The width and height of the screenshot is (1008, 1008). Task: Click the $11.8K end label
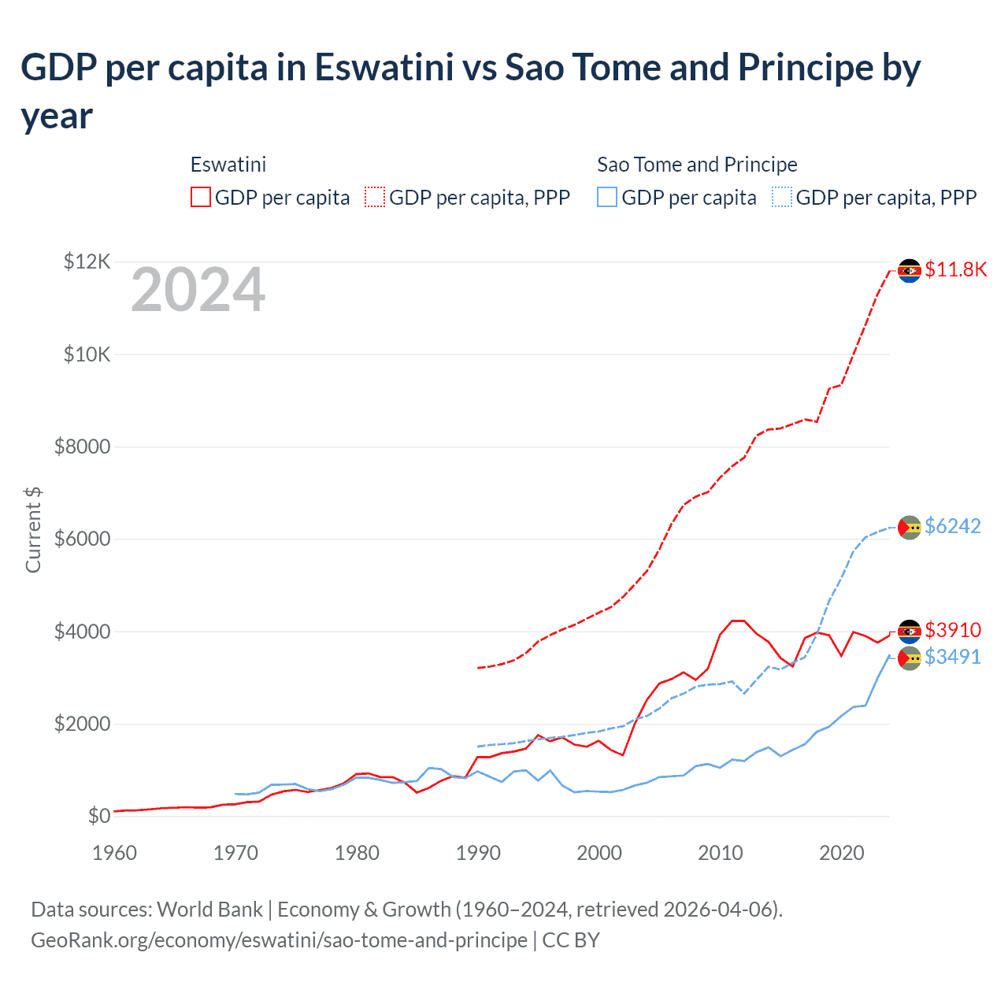955,270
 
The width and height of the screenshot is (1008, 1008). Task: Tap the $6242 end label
952,526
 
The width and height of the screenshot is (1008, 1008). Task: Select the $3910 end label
952,630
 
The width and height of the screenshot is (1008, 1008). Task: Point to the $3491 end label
952,657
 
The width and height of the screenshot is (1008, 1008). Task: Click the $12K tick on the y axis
87,261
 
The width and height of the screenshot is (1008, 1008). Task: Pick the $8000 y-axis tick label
82,447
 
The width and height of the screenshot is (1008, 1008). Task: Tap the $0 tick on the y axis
98,816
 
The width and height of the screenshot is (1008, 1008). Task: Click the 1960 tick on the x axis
114,853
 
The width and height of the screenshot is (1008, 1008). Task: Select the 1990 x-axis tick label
478,853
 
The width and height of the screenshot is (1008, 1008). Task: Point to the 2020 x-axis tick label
841,853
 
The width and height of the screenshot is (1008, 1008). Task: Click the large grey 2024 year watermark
198,291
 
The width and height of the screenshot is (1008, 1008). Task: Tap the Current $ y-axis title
33,530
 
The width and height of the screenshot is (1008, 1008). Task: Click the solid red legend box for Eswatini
201,197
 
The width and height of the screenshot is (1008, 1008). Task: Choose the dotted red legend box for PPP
375,197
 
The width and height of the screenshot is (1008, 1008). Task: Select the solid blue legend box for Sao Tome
607,197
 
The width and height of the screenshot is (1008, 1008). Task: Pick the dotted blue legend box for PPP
782,197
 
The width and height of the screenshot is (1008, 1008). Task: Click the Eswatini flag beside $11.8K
910,271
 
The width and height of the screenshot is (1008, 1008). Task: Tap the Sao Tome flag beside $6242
910,527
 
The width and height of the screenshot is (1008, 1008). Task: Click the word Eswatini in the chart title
384,68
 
